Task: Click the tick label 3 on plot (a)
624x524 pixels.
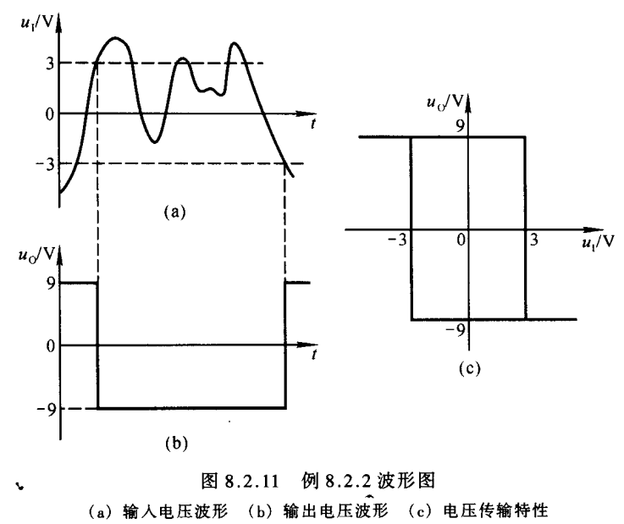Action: coord(51,63)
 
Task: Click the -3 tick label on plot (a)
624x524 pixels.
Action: coord(47,163)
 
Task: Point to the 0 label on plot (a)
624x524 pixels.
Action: coord(50,113)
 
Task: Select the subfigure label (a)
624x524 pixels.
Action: coord(174,213)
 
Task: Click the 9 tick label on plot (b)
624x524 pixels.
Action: coord(50,284)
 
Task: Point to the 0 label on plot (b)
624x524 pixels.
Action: coord(50,345)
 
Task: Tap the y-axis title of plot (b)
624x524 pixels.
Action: coord(34,253)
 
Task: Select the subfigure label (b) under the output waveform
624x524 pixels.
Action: coord(174,441)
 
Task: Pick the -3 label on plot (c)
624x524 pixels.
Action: coord(395,240)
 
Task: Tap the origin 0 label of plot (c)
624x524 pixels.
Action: coord(461,240)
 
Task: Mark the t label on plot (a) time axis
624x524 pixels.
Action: coord(313,124)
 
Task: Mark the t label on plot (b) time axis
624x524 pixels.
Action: coord(313,356)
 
